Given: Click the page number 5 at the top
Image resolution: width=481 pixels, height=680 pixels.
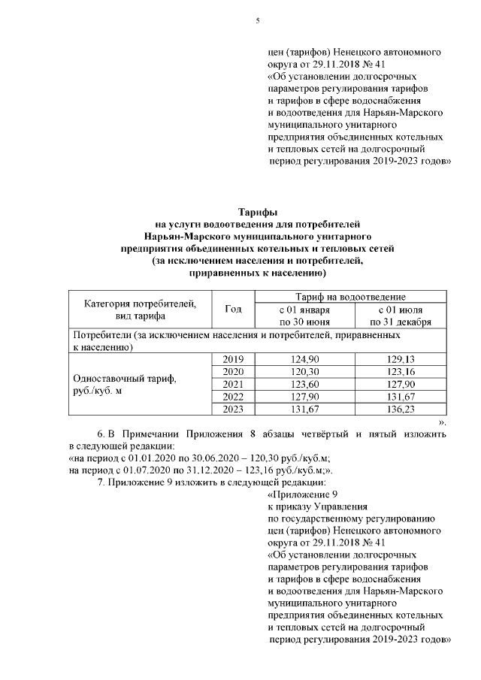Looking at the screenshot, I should [257, 20].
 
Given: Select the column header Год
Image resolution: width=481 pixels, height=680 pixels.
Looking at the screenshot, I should [234, 309].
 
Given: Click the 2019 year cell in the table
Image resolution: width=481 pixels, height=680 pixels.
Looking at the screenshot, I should [234, 360].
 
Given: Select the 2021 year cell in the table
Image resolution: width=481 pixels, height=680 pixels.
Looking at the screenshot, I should [234, 384].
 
